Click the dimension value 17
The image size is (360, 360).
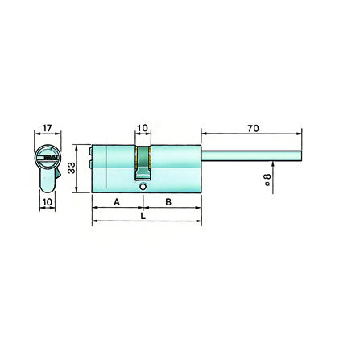pyautogui.click(x=47, y=128)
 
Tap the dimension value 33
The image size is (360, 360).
pyautogui.click(x=72, y=168)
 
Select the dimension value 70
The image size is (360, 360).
pyautogui.click(x=253, y=129)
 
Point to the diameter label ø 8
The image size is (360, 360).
pyautogui.click(x=267, y=180)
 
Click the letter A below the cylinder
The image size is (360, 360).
pyautogui.click(x=117, y=202)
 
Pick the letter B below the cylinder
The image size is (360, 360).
pyautogui.click(x=168, y=202)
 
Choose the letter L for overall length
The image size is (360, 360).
pyautogui.click(x=143, y=216)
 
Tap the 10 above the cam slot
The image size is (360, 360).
pyautogui.click(x=143, y=128)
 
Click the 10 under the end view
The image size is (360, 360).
pyautogui.click(x=48, y=202)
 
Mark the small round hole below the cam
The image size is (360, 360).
pyautogui.click(x=143, y=187)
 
